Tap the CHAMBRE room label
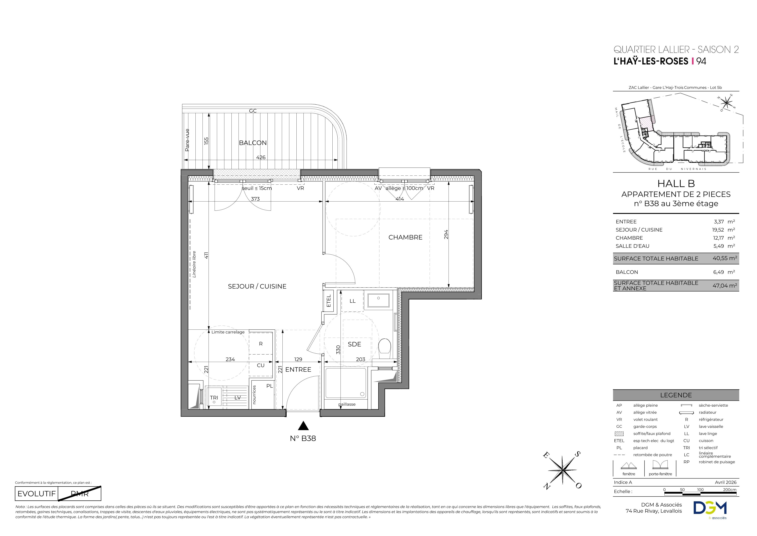[405, 237]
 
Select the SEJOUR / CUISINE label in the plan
[257, 287]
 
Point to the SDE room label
[354, 344]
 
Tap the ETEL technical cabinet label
[329, 301]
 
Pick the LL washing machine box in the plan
[352, 301]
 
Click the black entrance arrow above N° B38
[303, 426]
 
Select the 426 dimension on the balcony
[261, 157]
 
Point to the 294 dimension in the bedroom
[446, 234]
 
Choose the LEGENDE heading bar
[676, 395]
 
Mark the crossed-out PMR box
[80, 494]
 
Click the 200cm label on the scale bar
[730, 490]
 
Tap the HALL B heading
[676, 184]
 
